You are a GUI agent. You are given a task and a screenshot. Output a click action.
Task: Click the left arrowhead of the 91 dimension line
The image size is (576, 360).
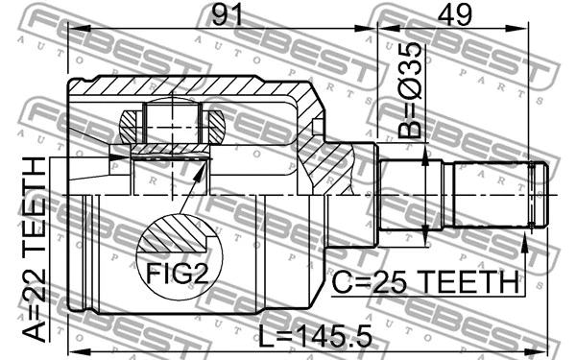tap(75, 33)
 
